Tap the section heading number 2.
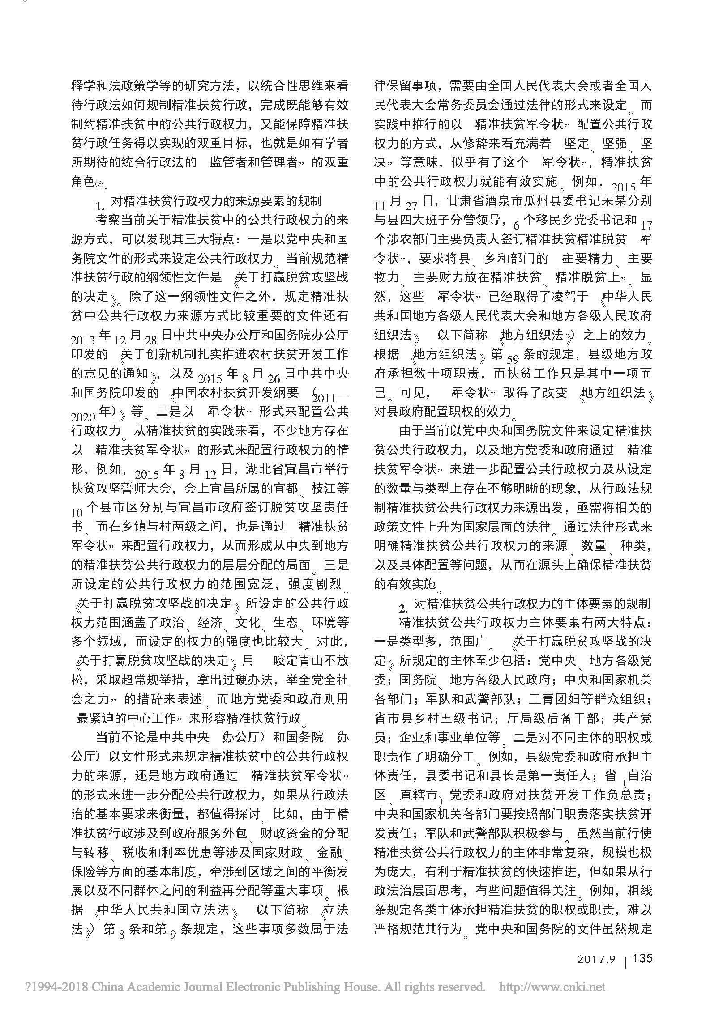coord(403,609)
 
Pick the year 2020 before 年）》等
coord(83,416)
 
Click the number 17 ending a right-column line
coord(646,224)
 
